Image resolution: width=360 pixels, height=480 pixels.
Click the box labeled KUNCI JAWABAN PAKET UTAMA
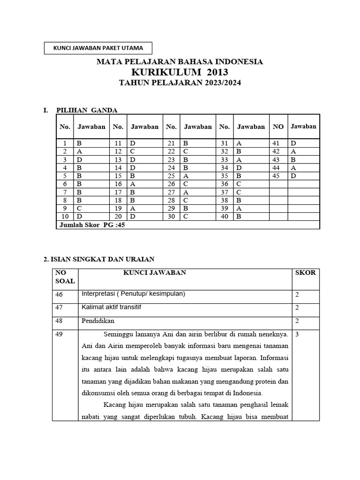point(98,48)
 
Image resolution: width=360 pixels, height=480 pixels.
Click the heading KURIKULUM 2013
point(180,72)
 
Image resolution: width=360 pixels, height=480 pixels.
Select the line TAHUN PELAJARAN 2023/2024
point(180,83)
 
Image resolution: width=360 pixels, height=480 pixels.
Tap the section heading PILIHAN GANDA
point(87,110)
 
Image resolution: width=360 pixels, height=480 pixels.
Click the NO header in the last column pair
point(278,127)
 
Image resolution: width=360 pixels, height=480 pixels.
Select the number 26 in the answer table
point(171,184)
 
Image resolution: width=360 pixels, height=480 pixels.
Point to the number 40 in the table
point(225,217)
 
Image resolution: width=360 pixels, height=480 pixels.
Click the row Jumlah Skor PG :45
point(92,225)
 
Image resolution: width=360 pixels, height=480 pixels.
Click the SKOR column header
point(306,272)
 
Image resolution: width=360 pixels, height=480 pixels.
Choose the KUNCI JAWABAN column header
point(155,272)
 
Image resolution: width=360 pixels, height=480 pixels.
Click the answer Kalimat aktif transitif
point(111,307)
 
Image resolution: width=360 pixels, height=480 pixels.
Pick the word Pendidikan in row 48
point(98,321)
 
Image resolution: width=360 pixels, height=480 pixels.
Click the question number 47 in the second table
point(58,307)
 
